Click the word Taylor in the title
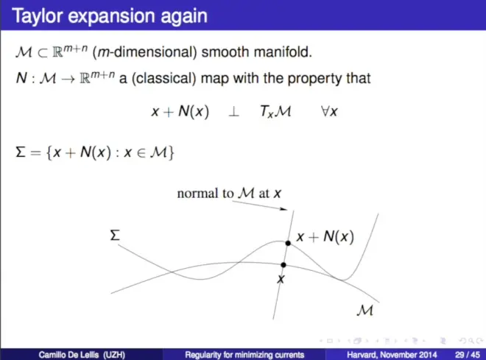point(37,16)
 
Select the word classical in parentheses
point(164,78)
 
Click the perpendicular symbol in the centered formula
point(233,112)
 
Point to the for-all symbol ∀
point(325,111)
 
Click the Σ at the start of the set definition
point(21,152)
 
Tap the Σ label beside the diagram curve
point(115,235)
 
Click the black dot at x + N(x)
point(288,243)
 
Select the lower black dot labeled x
point(283,265)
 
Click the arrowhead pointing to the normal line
point(283,209)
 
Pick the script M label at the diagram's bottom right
point(364,310)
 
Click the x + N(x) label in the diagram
point(325,237)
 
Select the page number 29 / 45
point(468,355)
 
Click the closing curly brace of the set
point(171,152)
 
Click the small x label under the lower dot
point(281,279)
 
